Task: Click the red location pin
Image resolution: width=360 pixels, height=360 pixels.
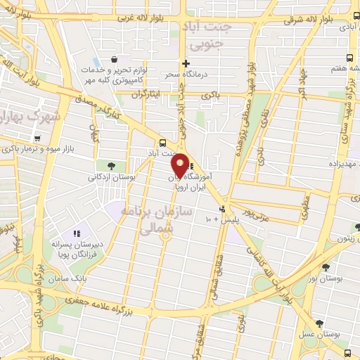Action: [181, 165]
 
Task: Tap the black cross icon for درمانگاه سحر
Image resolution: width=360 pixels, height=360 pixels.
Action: [186, 63]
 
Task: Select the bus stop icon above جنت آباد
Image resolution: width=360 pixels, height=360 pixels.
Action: [163, 141]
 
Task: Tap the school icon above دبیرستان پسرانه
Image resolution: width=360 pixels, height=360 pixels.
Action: [78, 232]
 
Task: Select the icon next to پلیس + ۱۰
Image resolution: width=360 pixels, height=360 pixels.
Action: [223, 209]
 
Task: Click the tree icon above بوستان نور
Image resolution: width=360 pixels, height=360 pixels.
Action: [326, 267]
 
